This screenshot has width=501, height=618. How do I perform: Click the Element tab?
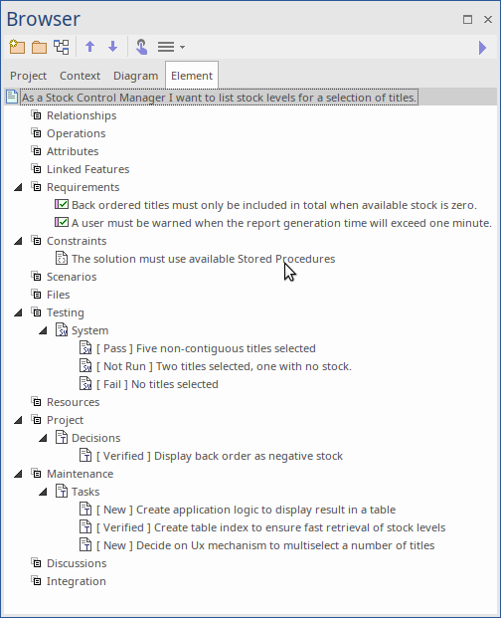tap(192, 76)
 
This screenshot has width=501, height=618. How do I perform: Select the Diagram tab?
tap(136, 76)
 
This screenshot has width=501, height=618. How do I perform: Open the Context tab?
tap(80, 76)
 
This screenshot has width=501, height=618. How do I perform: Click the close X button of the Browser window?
tap(488, 19)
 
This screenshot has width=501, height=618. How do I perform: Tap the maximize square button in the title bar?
tap(467, 19)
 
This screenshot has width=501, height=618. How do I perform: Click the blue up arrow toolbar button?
tap(90, 47)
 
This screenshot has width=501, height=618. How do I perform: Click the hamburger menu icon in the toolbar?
tap(166, 47)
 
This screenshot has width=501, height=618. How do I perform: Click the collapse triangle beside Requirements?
tap(18, 187)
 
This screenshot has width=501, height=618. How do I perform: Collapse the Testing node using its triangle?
tap(18, 312)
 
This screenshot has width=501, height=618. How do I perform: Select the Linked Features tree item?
tap(87, 169)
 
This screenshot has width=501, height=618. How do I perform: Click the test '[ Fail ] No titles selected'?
tap(157, 384)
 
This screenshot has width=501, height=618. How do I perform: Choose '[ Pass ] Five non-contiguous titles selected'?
tap(206, 348)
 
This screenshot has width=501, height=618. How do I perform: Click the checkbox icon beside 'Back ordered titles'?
tap(62, 205)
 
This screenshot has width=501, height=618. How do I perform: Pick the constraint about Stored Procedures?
tap(203, 259)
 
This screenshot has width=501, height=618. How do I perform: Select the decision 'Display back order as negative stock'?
tap(220, 456)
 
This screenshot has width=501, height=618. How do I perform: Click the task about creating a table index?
tap(270, 527)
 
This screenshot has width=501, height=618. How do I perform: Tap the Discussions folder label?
tap(77, 563)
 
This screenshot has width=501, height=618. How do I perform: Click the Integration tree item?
tap(76, 581)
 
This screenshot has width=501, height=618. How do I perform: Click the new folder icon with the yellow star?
tap(17, 47)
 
